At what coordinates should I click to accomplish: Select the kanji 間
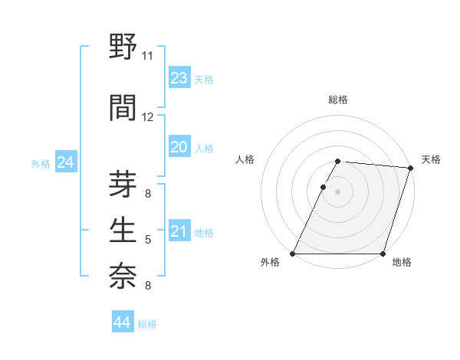[x=123, y=108]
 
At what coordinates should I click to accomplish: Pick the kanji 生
[x=123, y=231]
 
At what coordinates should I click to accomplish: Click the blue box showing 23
[x=179, y=78]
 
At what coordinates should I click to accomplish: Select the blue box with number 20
[x=179, y=148]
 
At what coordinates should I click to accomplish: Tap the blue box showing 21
[x=179, y=232]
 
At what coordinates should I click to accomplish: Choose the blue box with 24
[x=65, y=162]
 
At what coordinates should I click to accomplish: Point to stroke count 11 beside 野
[x=147, y=56]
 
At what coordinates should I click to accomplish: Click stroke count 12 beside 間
[x=147, y=117]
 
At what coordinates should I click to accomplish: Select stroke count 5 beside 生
[x=147, y=241]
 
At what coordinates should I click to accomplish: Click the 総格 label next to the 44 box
[x=147, y=324]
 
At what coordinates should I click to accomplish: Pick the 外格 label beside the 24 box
[x=41, y=164]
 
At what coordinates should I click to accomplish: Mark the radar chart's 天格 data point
[x=411, y=169]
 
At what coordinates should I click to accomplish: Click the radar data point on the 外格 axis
[x=293, y=254]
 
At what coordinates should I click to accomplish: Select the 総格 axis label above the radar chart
[x=337, y=100]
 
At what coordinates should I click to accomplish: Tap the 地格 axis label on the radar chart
[x=402, y=263]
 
